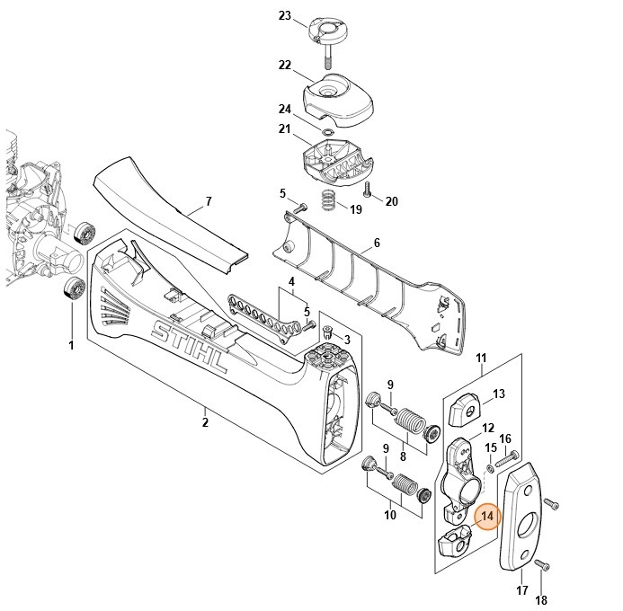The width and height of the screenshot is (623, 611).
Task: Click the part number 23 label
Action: [x=285, y=16]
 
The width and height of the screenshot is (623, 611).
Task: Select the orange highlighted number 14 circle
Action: [x=487, y=518]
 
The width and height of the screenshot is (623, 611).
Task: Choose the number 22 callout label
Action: [x=285, y=65]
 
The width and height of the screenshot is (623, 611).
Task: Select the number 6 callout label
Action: [x=376, y=243]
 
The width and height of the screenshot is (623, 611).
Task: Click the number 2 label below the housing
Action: [x=204, y=422]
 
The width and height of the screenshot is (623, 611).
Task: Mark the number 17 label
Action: [x=521, y=590]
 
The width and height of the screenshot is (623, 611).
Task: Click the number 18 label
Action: [x=541, y=600]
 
